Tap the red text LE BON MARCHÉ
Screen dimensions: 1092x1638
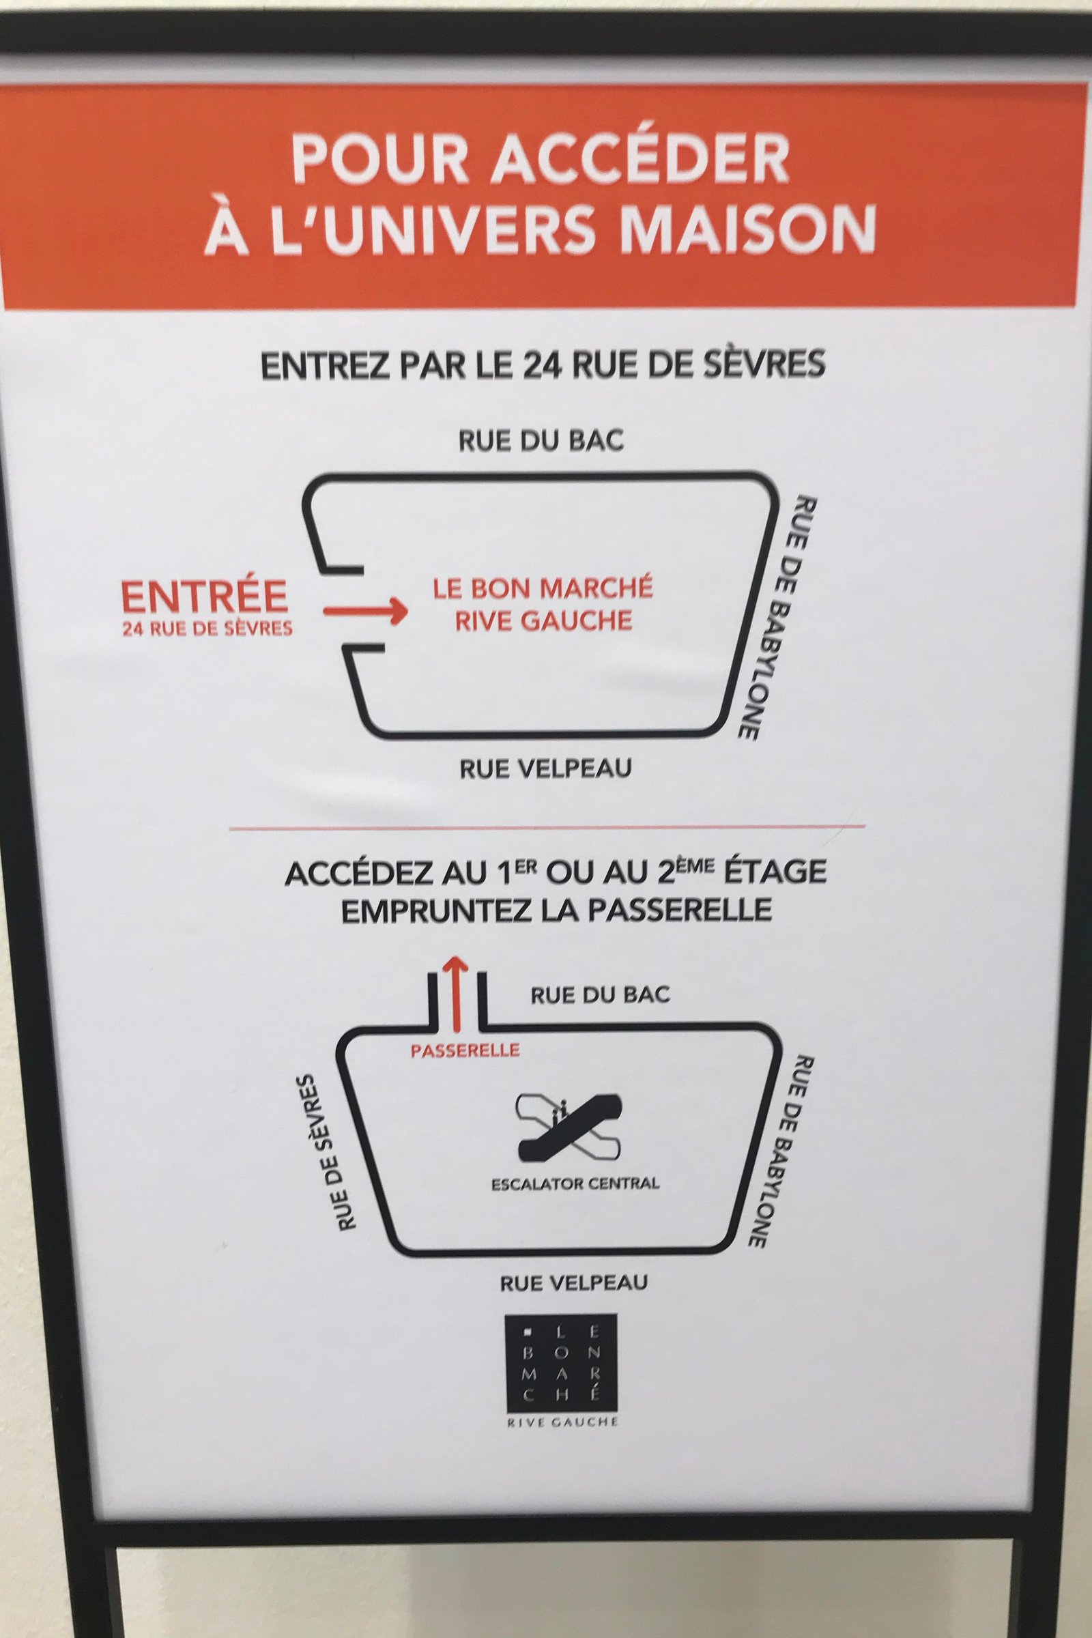[543, 589]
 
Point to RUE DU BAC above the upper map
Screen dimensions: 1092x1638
[541, 442]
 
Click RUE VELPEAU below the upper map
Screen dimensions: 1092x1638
[545, 768]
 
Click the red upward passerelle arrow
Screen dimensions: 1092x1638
[456, 992]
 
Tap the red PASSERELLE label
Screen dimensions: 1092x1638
[465, 1050]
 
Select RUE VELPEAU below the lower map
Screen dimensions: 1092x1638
[573, 1302]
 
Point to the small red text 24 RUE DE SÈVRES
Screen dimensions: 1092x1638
[207, 629]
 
